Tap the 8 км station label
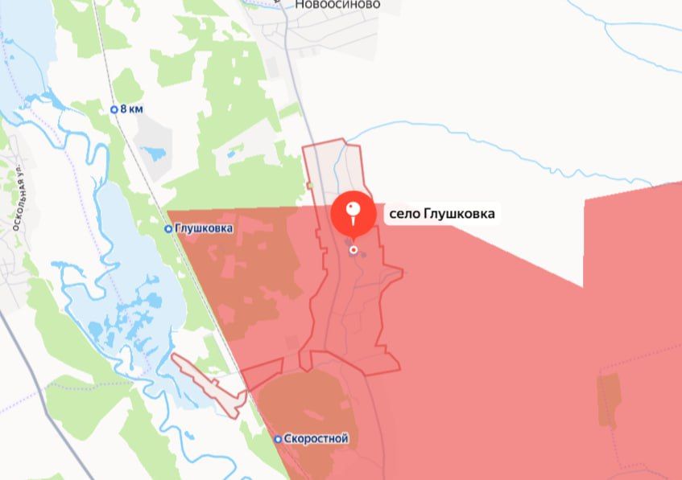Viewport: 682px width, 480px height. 131,109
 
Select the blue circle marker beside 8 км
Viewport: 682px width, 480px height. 114,109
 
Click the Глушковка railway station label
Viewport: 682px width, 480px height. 204,228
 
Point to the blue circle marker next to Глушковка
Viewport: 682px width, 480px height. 168,228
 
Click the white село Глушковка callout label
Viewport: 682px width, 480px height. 441,215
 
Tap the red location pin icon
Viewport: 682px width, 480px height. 353,214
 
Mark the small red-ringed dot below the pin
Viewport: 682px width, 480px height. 353,250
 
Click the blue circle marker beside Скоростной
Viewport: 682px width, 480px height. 278,439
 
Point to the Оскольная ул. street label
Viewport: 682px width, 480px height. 14,197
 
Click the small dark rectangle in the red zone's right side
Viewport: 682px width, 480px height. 609,400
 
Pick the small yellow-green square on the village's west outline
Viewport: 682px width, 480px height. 309,186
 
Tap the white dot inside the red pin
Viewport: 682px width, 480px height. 353,208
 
